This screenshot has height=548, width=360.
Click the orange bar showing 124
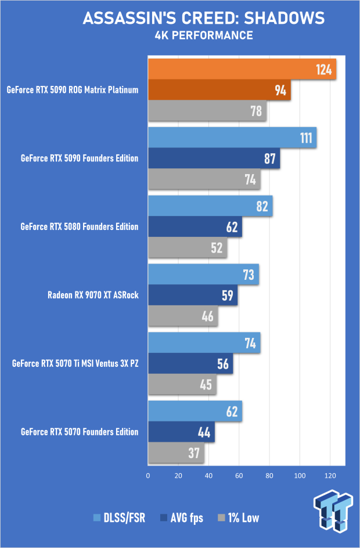click(242, 70)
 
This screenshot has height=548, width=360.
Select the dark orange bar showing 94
click(219, 90)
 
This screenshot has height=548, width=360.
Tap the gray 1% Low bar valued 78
click(207, 110)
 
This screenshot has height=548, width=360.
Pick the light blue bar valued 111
click(232, 138)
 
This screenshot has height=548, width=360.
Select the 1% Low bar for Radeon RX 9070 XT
click(182, 316)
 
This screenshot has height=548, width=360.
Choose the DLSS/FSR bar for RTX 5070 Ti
click(204, 342)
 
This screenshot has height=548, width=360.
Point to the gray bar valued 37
click(176, 453)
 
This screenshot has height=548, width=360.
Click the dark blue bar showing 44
click(181, 432)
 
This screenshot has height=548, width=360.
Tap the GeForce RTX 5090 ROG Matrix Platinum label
click(73, 90)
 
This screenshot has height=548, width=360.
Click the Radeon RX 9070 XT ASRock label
click(93, 295)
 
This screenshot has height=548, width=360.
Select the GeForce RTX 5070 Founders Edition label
click(80, 432)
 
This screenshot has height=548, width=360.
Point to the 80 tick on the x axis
click(269, 475)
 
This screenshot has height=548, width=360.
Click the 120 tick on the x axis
click(330, 475)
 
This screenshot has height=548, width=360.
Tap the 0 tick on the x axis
click(148, 475)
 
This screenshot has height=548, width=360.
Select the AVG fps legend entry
click(182, 518)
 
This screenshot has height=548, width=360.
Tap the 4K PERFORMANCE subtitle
click(203, 36)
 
